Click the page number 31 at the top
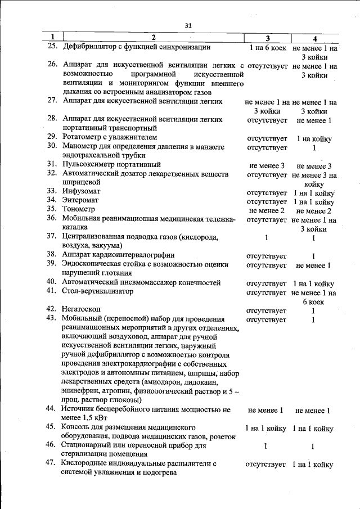pos(188,25)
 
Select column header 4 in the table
pos(314,38)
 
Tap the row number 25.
pos(53,47)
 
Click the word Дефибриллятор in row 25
pos(93,47)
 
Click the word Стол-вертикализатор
pos(98,291)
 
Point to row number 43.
pos(53,319)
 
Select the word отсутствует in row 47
pos(267,465)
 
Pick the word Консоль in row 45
pos(79,428)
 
